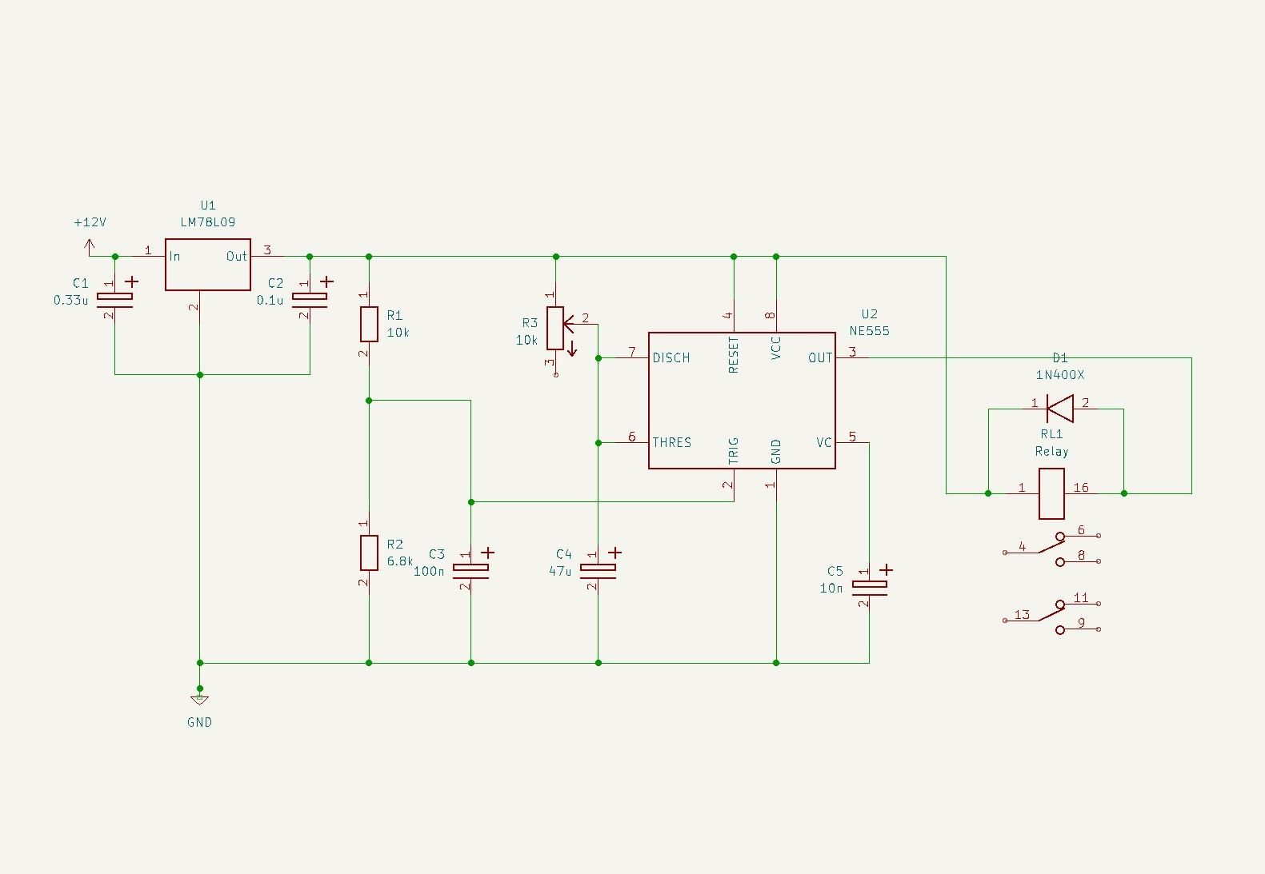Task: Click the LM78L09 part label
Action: [207, 222]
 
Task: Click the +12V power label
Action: [90, 222]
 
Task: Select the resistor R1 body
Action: [368, 324]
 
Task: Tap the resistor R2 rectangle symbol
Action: [368, 553]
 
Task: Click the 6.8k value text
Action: [400, 561]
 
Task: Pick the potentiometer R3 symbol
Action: [555, 328]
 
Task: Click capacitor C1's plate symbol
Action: [114, 299]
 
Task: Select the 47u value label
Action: [560, 571]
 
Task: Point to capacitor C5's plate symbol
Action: [869, 587]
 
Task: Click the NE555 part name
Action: [869, 331]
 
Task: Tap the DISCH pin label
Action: [671, 357]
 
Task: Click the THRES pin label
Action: [671, 442]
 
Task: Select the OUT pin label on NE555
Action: [820, 357]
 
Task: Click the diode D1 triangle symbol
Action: [1059, 409]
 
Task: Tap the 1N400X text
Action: [1059, 375]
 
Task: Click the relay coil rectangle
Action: [1051, 493]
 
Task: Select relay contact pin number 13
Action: [1022, 615]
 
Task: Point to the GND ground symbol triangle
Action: [200, 700]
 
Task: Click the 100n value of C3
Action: [429, 571]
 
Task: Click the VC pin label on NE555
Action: [823, 442]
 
